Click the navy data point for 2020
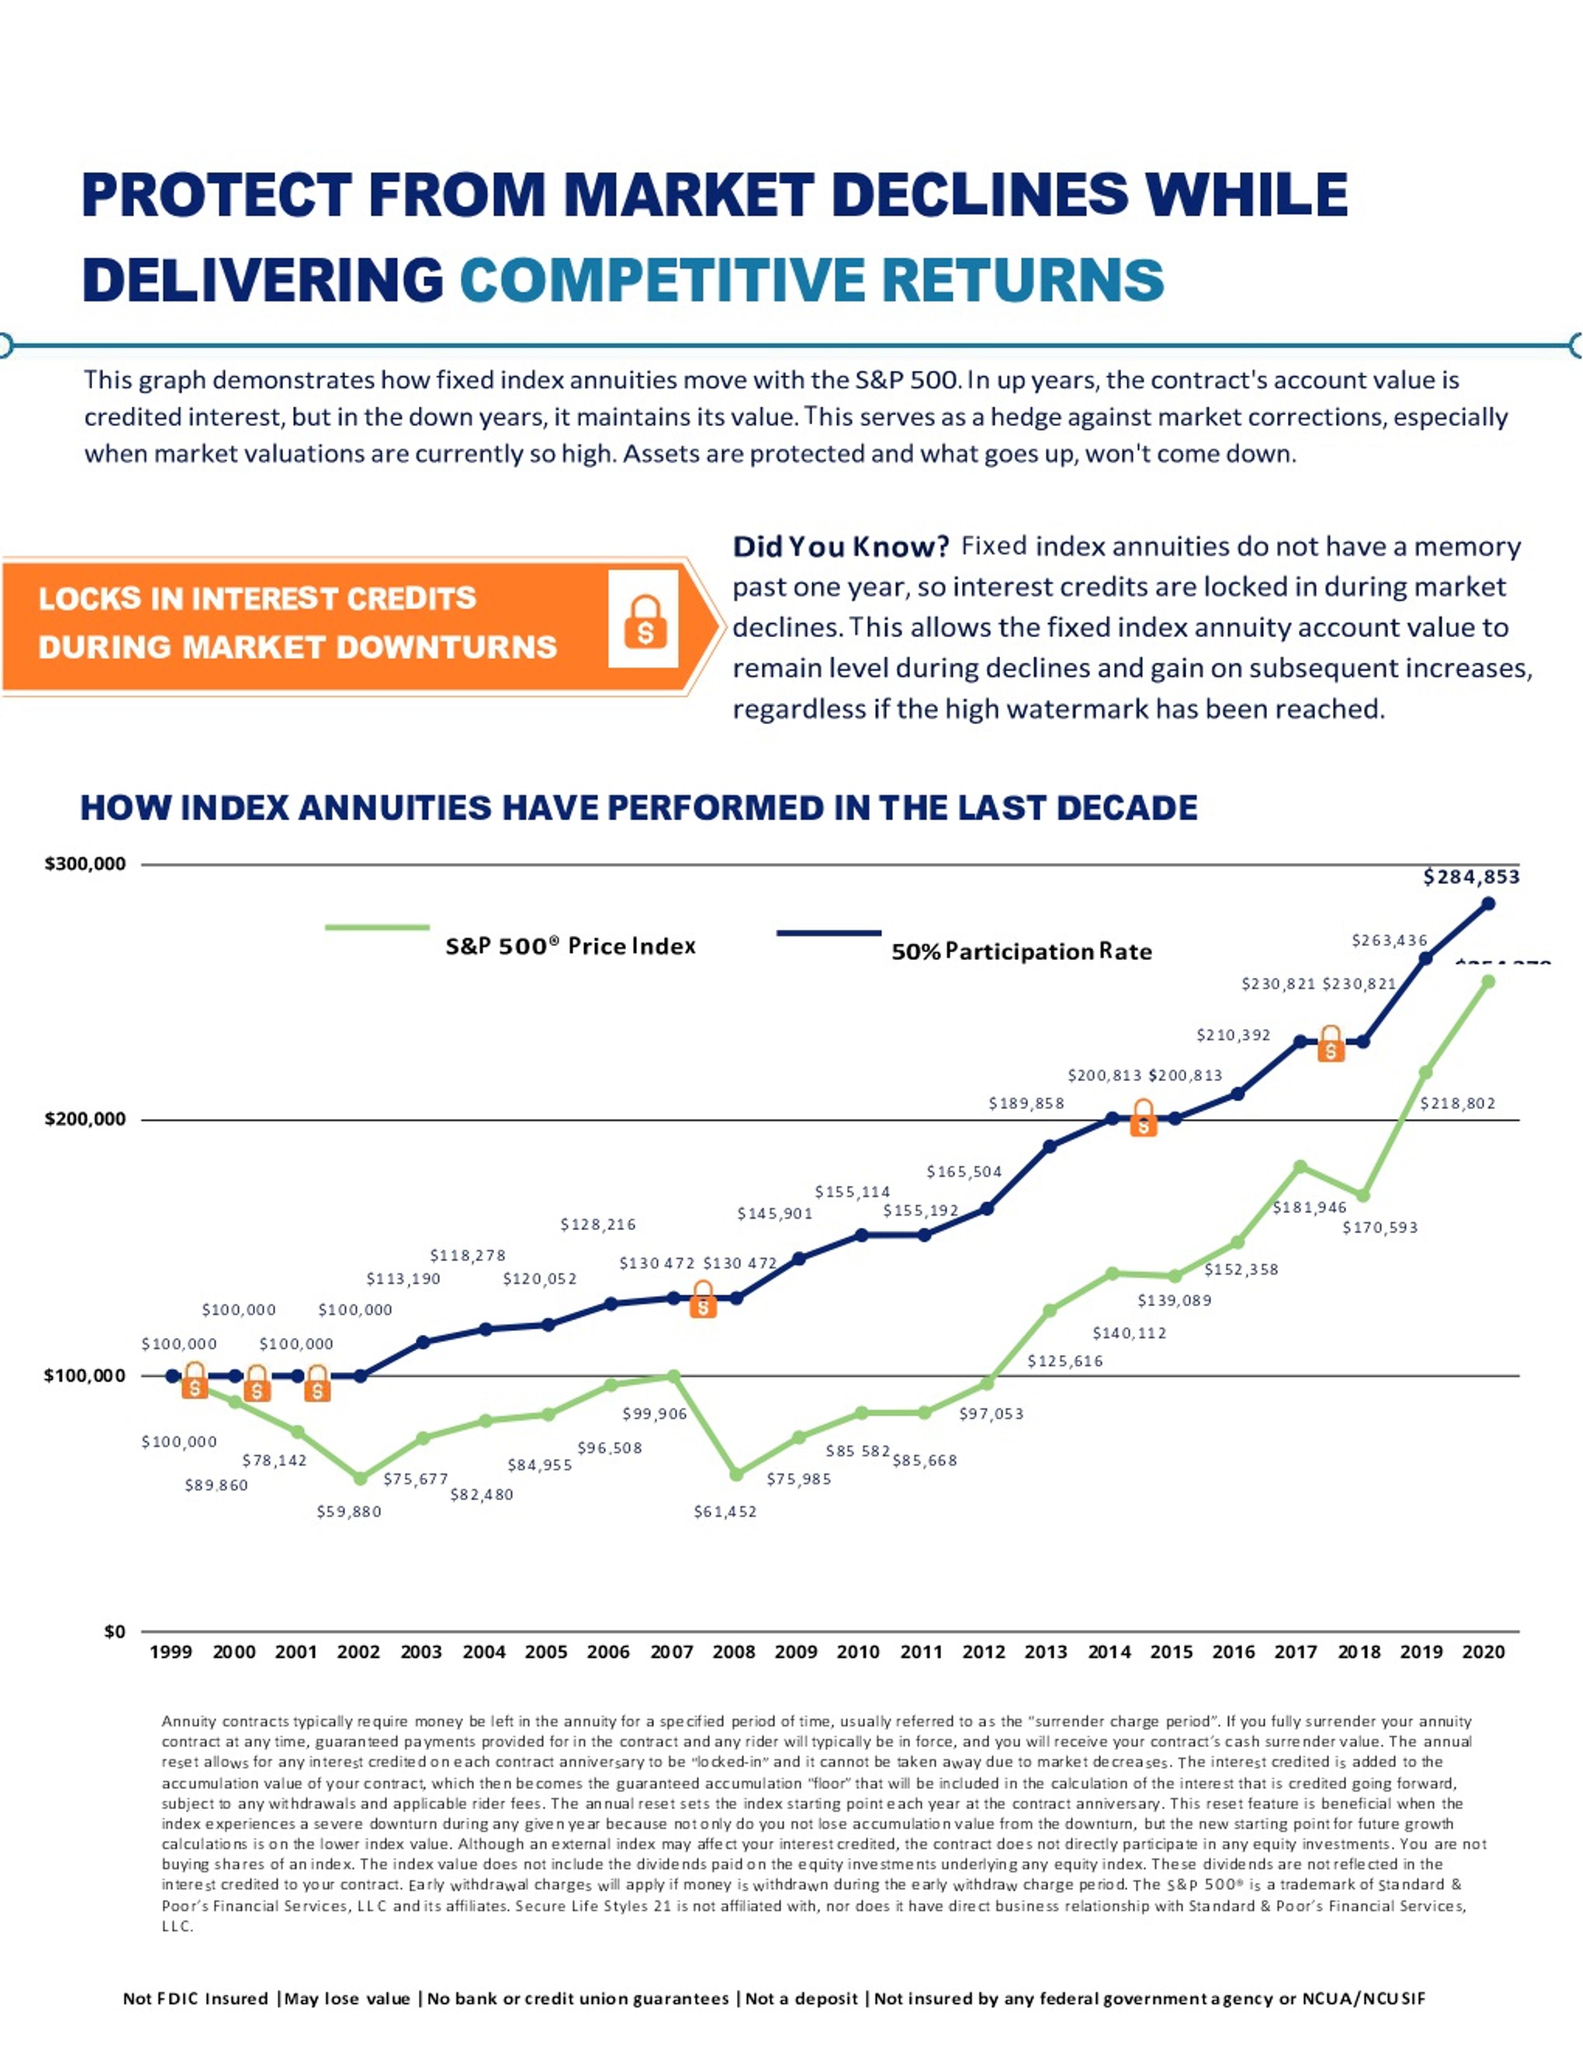[1487, 903]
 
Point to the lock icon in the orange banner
[644, 620]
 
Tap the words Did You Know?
[840, 546]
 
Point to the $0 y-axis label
[115, 1632]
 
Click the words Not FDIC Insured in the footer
[195, 1998]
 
